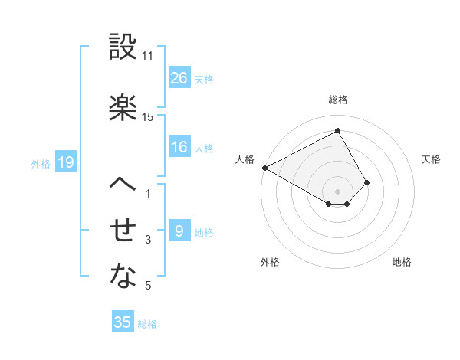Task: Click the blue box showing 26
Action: tap(179, 78)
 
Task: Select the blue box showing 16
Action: tap(179, 147)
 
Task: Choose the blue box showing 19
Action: tap(65, 162)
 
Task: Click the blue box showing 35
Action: tap(123, 322)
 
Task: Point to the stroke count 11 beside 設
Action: tap(148, 56)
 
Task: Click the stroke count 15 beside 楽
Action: tap(148, 116)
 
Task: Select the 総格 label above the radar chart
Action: tap(338, 100)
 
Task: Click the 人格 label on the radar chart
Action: tap(245, 159)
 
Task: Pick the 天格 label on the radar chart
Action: tap(432, 159)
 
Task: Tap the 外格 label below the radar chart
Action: tap(270, 262)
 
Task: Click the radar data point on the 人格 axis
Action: tap(264, 168)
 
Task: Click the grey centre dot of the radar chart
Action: tap(338, 191)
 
